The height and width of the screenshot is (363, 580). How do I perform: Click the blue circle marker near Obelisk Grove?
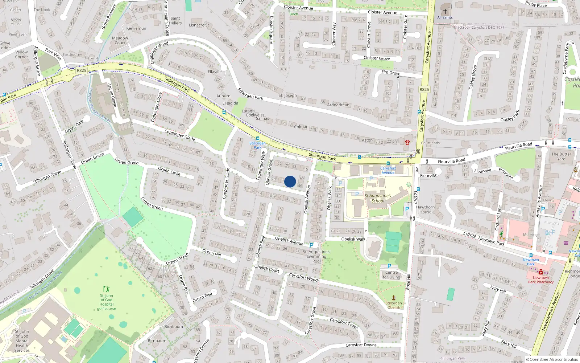290,181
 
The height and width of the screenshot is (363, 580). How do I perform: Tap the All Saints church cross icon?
445,11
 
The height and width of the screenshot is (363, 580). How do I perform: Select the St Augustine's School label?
378,198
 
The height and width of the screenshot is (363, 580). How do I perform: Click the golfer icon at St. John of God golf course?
106,289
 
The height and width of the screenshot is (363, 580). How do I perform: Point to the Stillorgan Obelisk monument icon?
394,297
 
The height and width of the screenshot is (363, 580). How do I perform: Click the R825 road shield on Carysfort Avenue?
424,89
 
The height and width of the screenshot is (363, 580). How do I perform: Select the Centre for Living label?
391,275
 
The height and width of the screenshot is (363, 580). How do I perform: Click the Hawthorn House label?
425,209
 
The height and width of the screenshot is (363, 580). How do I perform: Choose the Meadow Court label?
120,40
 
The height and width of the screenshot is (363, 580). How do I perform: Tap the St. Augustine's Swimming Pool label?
316,256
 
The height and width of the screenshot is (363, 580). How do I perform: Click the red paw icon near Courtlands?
407,142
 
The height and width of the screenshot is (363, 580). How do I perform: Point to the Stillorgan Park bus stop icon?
258,138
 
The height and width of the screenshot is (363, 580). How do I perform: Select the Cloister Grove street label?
377,58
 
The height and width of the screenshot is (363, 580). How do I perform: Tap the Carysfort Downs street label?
361,345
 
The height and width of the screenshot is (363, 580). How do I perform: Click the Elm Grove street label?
391,73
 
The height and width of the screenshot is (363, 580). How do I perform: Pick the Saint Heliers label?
175,21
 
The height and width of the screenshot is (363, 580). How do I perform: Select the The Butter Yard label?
561,156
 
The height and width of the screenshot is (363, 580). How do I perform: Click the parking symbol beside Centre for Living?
389,266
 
